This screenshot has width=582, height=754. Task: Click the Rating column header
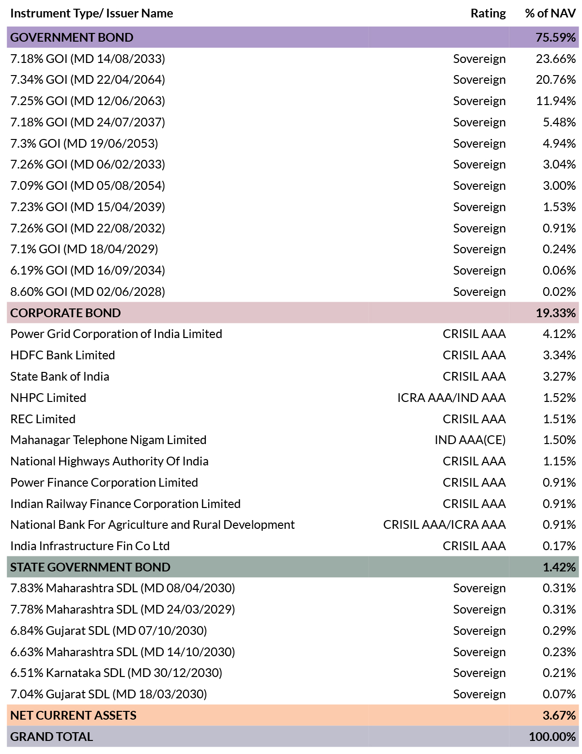488,13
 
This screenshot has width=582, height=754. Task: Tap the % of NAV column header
550,13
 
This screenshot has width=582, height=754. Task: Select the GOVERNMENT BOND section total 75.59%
555,37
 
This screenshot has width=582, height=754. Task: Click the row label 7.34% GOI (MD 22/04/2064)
88,80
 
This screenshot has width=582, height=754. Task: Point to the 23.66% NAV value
556,59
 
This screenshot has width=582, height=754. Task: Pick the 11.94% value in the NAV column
556,101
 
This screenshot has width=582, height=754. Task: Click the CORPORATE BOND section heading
65,313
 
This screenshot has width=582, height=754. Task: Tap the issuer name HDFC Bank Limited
62,355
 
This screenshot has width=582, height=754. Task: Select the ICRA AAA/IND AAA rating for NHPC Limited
451,398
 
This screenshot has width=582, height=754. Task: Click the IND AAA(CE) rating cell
470,440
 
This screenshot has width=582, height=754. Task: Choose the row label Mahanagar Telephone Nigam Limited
108,440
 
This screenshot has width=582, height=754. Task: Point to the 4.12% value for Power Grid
559,334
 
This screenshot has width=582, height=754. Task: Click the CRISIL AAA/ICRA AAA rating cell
444,524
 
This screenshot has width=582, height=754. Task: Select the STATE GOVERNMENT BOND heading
90,567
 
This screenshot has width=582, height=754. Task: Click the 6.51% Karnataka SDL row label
116,673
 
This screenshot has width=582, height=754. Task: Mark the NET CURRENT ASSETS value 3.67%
559,715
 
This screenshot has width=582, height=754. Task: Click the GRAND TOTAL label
52,737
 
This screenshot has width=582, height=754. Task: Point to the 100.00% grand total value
552,737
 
